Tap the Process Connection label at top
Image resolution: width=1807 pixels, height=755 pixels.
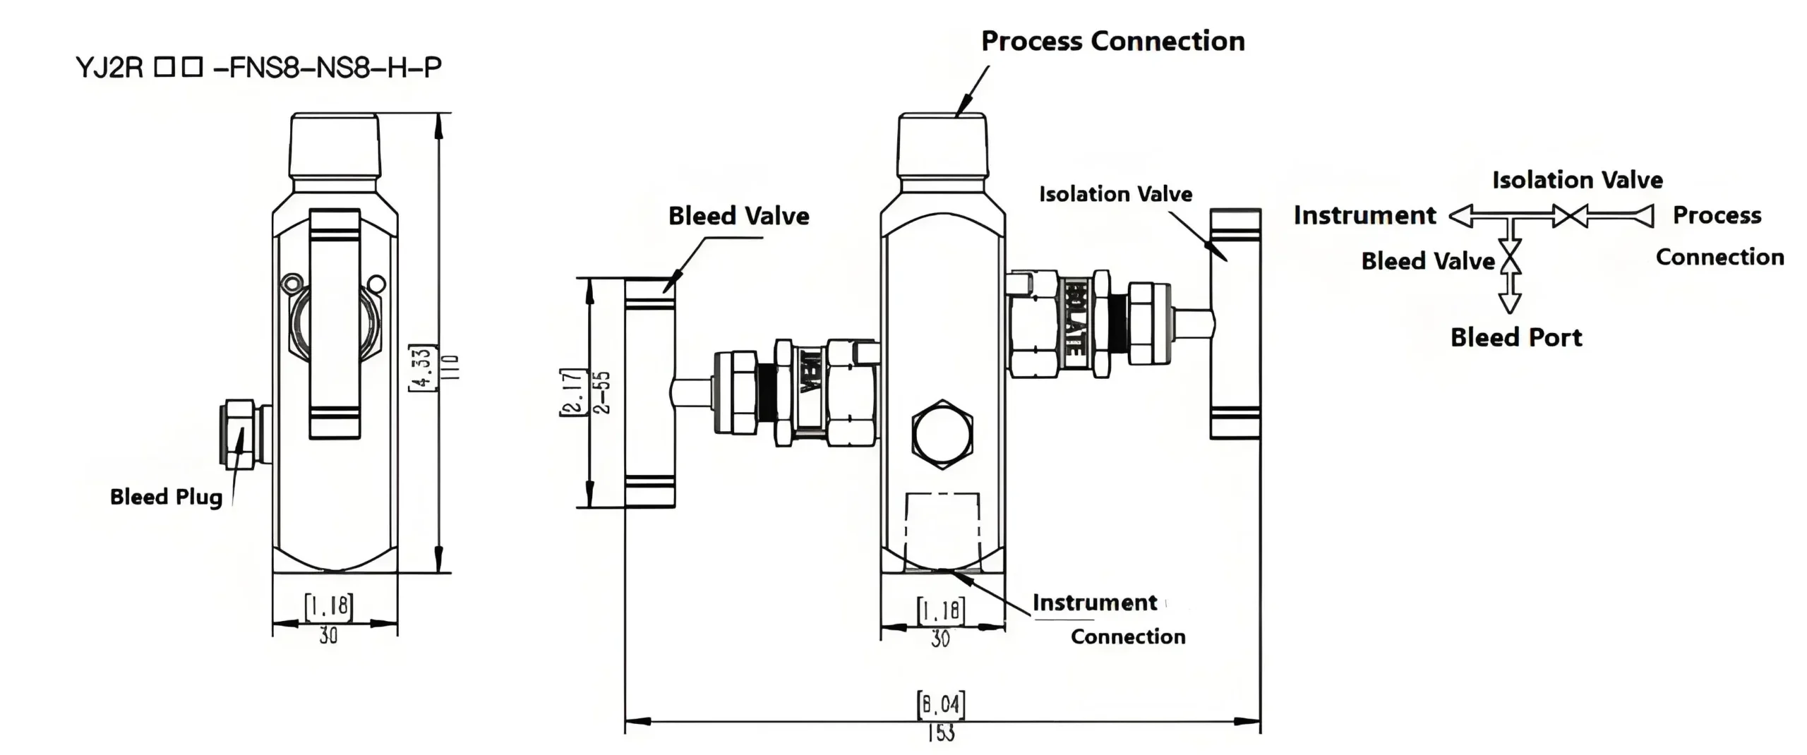[x=1112, y=42]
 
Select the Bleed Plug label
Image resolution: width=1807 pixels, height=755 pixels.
[x=166, y=497]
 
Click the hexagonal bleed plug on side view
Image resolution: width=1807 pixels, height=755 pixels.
[x=240, y=435]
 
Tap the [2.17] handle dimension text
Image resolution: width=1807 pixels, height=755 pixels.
[x=573, y=392]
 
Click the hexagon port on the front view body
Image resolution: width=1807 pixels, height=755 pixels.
[x=942, y=434]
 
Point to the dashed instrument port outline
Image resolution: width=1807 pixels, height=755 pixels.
[x=942, y=529]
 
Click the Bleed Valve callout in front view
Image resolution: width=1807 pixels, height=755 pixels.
[x=738, y=216]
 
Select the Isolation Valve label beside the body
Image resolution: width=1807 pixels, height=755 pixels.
[x=1115, y=194]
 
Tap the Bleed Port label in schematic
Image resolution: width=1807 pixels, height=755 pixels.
[x=1516, y=338]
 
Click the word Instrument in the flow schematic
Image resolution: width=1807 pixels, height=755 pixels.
[x=1364, y=215]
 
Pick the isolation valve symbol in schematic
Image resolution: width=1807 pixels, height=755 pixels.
[x=1571, y=216]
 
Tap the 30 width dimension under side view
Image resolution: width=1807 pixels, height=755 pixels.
[x=328, y=636]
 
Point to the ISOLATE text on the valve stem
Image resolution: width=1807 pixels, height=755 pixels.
[x=1074, y=318]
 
